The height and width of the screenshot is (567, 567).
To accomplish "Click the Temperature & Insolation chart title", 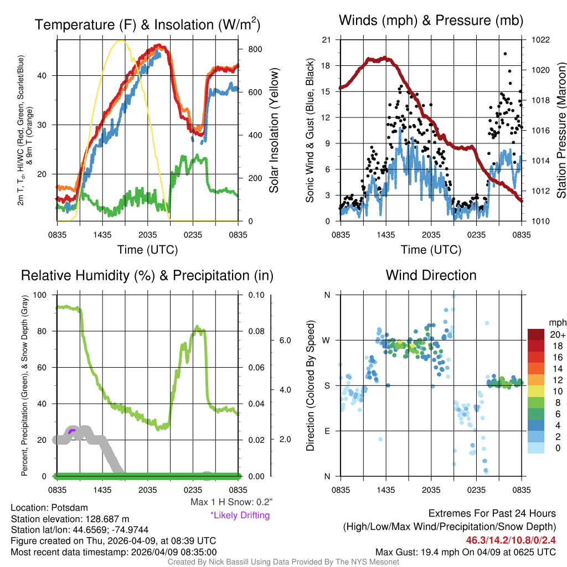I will [147, 25].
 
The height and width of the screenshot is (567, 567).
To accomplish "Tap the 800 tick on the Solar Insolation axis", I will [255, 49].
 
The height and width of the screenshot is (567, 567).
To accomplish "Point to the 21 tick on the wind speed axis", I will [326, 40].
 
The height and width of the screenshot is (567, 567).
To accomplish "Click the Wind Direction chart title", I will [431, 275].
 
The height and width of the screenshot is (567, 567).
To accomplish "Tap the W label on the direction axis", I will [327, 340].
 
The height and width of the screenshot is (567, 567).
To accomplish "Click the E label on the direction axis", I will [327, 431].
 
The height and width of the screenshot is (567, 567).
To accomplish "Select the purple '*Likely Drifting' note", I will [240, 515].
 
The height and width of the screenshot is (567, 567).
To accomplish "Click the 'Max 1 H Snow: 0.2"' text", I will [231, 502].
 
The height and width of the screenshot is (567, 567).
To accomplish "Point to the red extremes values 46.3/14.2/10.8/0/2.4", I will [511, 540].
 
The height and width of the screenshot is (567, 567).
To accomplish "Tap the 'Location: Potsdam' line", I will [49, 508].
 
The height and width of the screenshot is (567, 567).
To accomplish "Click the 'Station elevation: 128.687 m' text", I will [70, 519].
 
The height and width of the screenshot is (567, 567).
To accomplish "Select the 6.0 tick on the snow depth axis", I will [285, 340].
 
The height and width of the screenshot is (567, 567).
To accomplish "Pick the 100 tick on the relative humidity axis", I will [41, 295].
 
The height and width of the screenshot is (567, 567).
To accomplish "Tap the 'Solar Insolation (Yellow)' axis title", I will [274, 131].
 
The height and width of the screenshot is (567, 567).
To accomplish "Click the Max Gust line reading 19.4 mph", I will [465, 551].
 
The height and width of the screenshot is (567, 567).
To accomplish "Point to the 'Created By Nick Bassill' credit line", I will [283, 562].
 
